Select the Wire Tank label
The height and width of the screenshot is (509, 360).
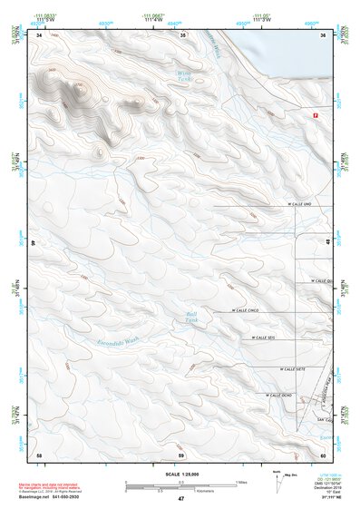(184, 76)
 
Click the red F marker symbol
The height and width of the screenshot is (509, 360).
(316, 115)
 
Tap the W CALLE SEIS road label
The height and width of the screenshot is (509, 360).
(265, 338)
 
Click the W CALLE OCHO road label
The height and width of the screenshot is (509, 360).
(277, 395)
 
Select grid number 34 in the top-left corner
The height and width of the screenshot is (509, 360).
(39, 35)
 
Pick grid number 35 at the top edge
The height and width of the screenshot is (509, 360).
(182, 35)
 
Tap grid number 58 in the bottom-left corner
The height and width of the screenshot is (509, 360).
(39, 454)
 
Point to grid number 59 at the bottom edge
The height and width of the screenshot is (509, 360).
(181, 454)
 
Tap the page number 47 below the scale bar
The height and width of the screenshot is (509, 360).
(180, 499)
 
